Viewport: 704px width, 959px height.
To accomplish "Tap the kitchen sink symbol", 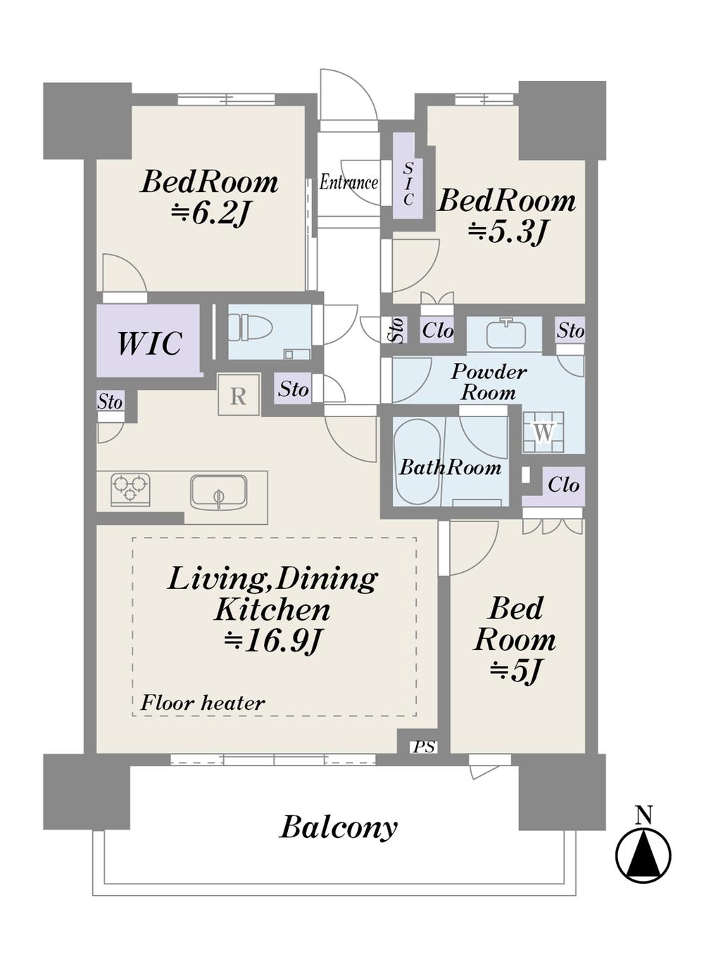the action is click(218, 492).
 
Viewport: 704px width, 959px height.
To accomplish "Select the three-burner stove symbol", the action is click(130, 488).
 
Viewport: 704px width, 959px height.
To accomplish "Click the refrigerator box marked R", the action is click(239, 394).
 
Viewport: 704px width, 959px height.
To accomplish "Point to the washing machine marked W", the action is click(543, 432).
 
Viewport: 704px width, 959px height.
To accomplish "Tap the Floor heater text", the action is click(203, 703).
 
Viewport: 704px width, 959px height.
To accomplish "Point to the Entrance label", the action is click(348, 183).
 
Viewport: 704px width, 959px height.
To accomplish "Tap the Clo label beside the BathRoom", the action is click(563, 485).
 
